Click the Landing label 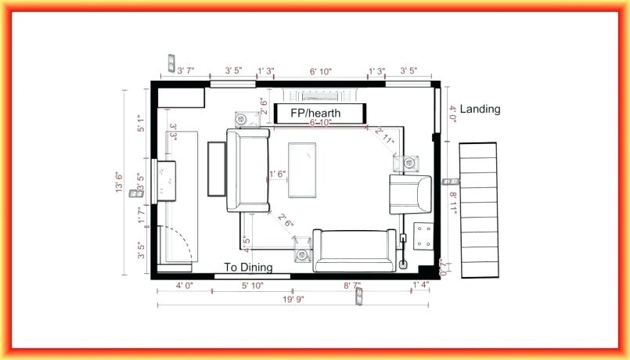click(x=480, y=110)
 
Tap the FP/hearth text click(x=315, y=113)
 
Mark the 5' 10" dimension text click(x=252, y=286)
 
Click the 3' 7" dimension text click(x=185, y=71)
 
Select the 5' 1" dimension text click(x=141, y=124)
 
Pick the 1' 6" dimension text click(x=277, y=174)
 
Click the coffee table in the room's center click(x=302, y=170)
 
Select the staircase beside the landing click(x=478, y=210)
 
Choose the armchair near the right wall click(x=410, y=193)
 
